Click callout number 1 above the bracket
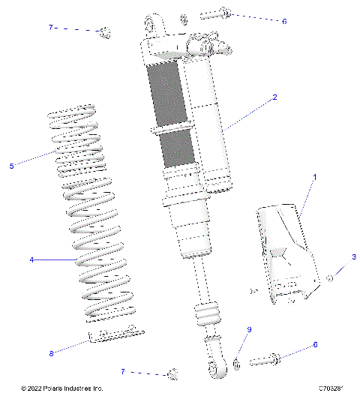[315, 177]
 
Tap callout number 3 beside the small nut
[352, 257]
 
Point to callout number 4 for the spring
[31, 260]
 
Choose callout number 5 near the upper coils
[11, 166]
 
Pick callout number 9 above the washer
[250, 330]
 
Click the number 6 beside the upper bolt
[284, 21]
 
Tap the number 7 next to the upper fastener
[51, 28]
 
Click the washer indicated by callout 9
[238, 364]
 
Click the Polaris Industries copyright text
[61, 388]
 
